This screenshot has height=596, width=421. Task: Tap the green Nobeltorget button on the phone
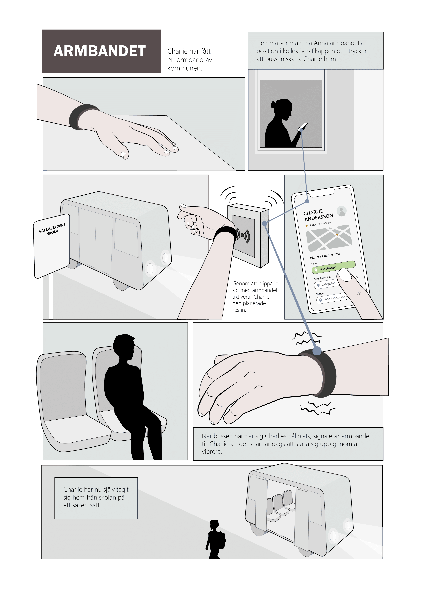333,267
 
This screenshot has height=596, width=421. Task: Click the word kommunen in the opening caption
184,68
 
